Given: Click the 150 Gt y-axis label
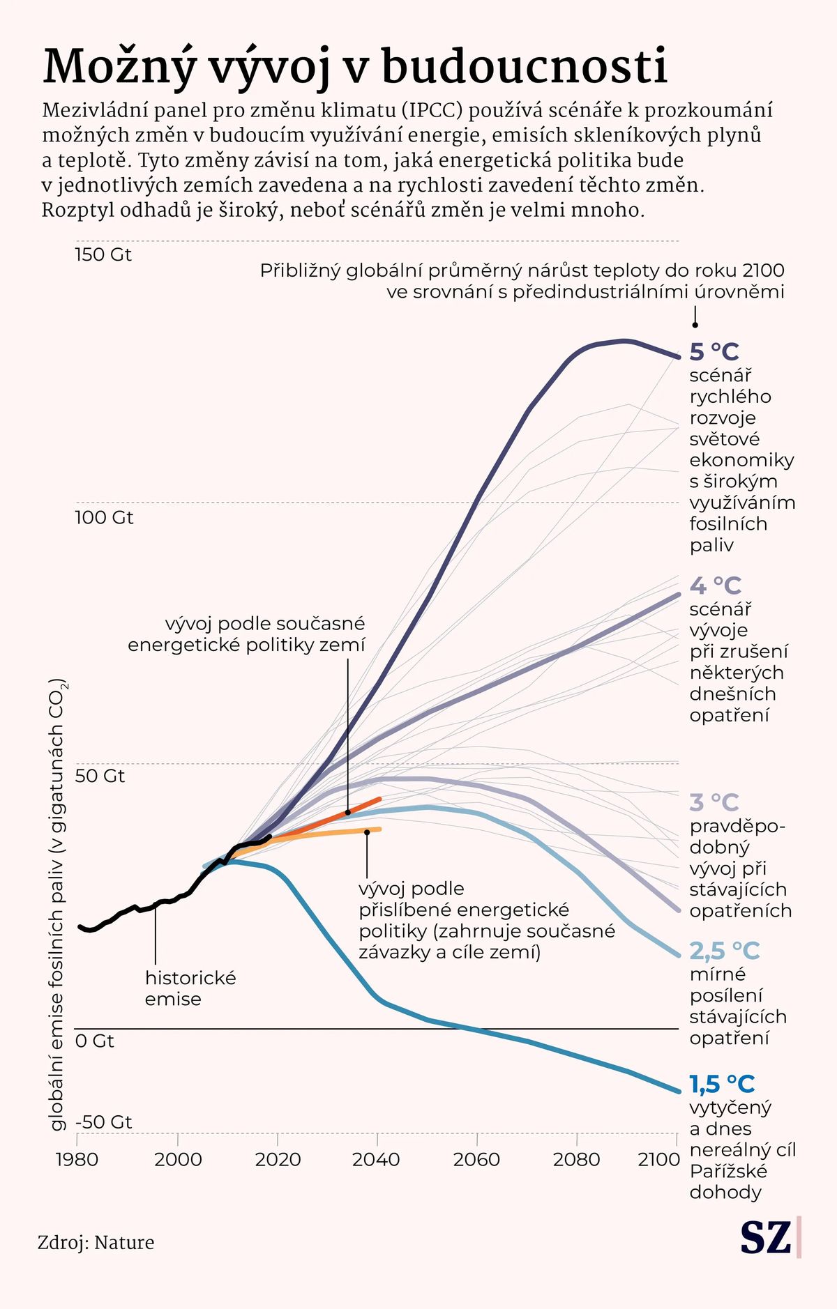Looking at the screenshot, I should [103, 254].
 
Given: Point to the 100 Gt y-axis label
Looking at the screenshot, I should [104, 517].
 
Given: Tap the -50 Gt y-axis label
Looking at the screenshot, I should [103, 1122].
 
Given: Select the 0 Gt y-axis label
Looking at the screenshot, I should [94, 1041].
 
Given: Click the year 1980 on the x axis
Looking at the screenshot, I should [77, 1159].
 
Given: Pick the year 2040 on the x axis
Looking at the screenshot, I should [376, 1159].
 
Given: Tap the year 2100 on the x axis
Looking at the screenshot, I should [658, 1159].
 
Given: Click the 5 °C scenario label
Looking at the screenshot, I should [714, 352].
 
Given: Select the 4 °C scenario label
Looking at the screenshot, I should [715, 585].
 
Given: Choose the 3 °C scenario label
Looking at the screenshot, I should [714, 802].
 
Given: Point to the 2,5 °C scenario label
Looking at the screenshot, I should [724, 951].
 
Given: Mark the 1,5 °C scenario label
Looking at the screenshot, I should [722, 1084].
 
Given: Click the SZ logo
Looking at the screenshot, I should [766, 1237].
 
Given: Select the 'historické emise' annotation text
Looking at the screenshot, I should [190, 988].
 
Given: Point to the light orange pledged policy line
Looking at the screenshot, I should [335, 832].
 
